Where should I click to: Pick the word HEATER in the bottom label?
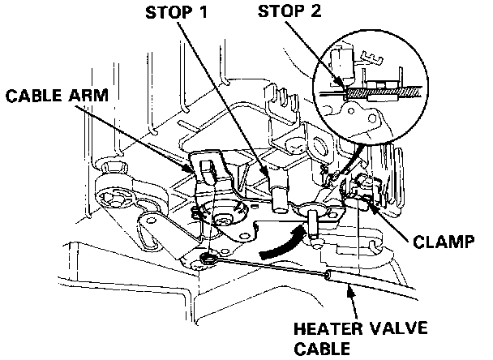(x=326, y=330)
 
